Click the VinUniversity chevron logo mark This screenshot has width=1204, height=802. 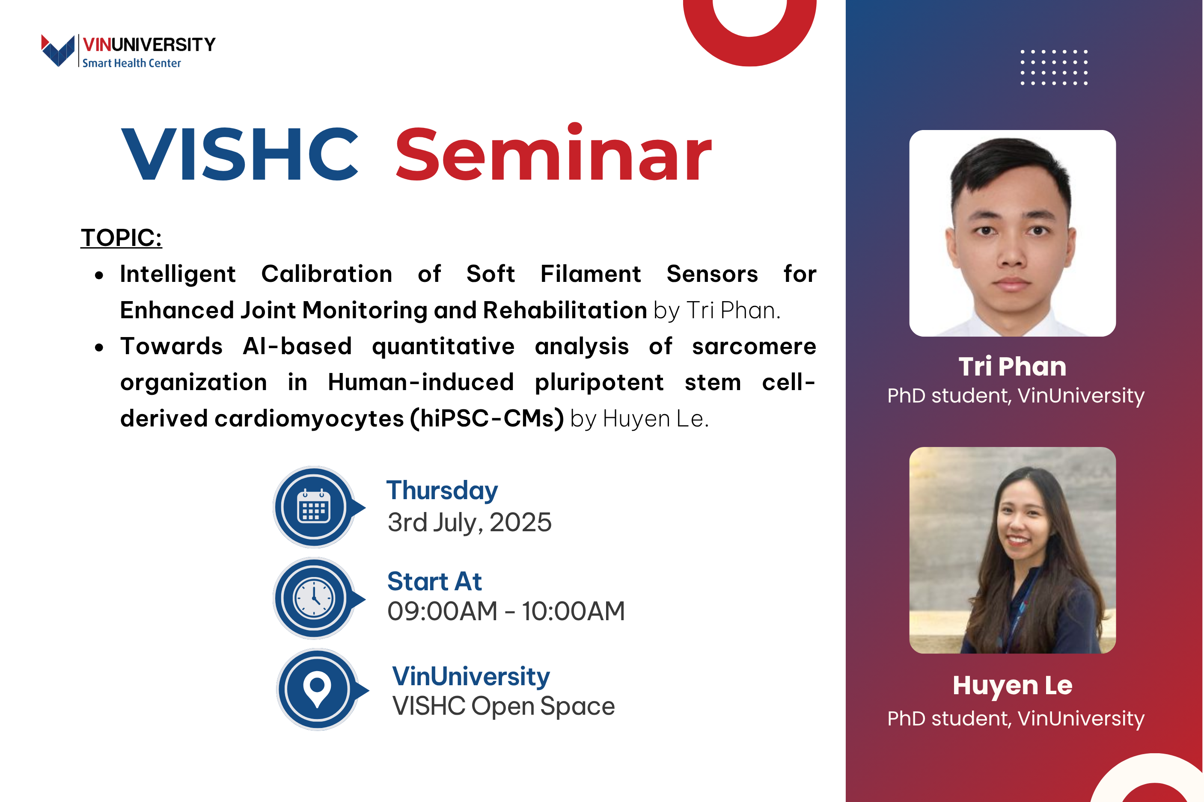tap(58, 50)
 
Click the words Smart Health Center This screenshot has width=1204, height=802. tap(131, 63)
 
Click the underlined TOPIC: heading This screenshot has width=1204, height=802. tap(121, 238)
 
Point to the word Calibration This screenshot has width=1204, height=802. tap(327, 274)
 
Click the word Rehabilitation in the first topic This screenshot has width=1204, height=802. tap(565, 310)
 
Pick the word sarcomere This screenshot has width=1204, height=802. tap(754, 346)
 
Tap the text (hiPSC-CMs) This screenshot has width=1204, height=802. tap(487, 418)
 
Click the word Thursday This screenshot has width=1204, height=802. tap(442, 491)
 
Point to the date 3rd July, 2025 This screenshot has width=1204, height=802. tap(470, 522)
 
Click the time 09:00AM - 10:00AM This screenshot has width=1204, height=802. tap(506, 611)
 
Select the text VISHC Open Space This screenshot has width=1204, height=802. tap(503, 706)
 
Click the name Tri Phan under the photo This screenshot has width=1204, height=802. tap(1012, 366)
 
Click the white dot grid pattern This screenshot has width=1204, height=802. tap(1054, 67)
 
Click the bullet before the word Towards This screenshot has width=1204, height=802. tap(99, 348)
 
